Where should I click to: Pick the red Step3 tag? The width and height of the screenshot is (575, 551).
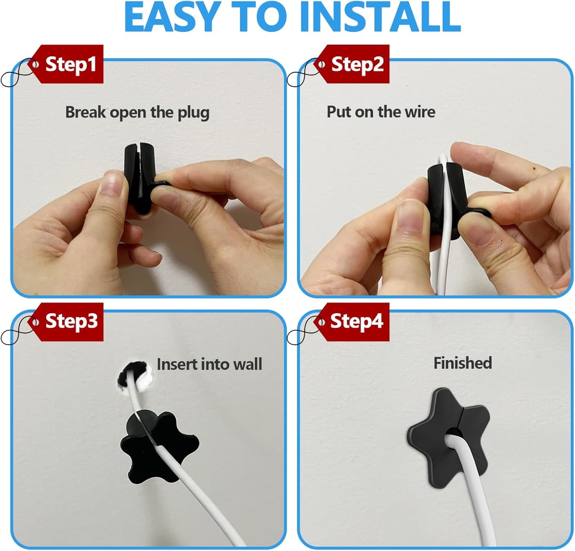click(69, 321)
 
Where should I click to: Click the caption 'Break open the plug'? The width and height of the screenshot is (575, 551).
click(137, 113)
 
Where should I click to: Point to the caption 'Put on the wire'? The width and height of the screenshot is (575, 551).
click(381, 112)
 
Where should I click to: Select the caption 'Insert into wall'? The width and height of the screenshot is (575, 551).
click(209, 364)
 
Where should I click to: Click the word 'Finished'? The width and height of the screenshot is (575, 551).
click(462, 363)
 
